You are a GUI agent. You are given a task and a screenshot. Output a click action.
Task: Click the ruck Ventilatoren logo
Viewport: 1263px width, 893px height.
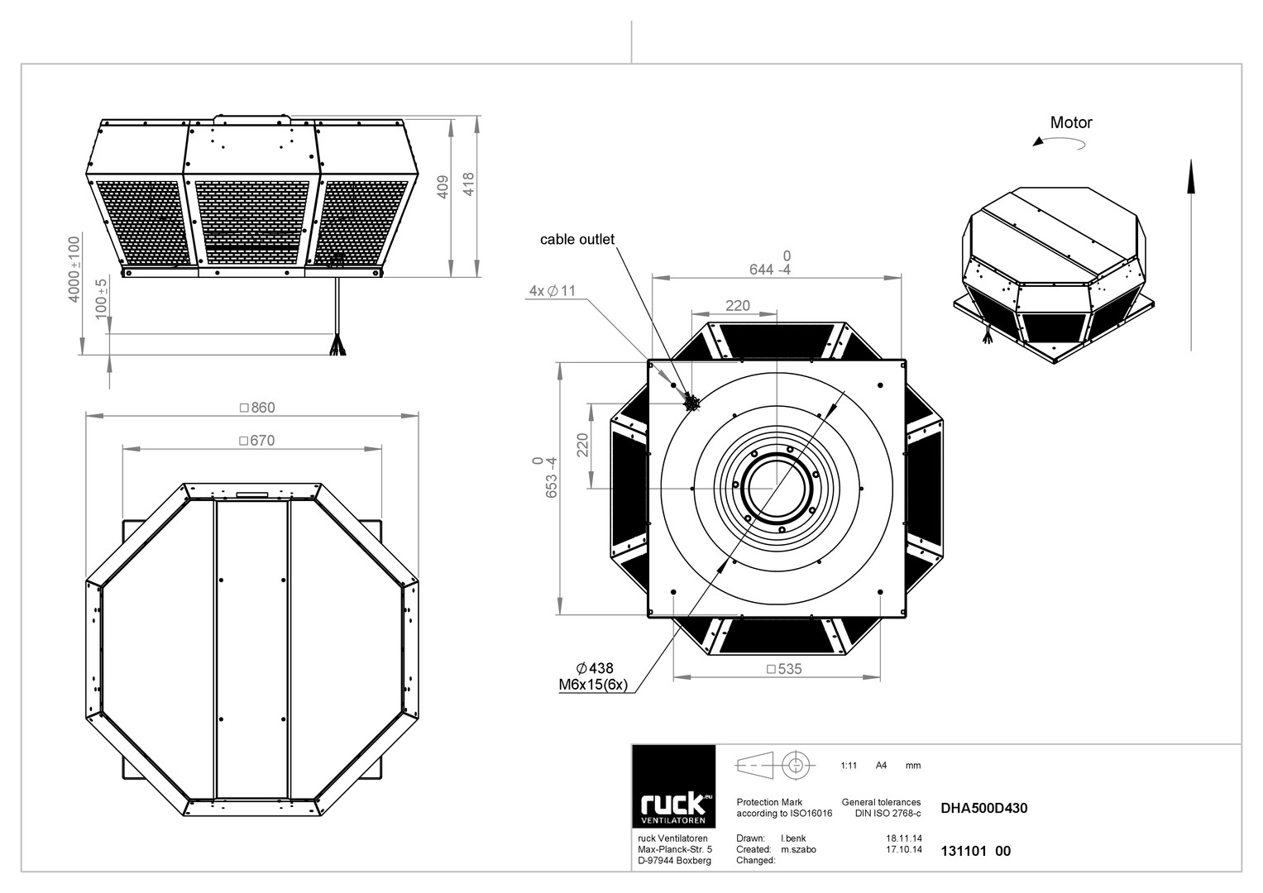[x=674, y=786]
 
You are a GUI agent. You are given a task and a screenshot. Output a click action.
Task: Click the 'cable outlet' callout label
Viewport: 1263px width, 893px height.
[x=576, y=240]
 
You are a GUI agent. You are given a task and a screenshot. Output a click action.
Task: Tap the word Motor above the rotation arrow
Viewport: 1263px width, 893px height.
[x=1071, y=122]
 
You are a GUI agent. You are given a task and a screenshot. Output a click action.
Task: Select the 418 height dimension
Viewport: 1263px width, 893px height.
[x=468, y=184]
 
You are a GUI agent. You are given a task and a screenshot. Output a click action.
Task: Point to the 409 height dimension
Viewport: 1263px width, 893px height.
[x=443, y=187]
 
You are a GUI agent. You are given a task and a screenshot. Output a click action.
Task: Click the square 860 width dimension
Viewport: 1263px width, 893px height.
[x=257, y=407]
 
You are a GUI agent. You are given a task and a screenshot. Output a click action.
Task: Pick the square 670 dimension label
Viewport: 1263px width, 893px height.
[x=257, y=440]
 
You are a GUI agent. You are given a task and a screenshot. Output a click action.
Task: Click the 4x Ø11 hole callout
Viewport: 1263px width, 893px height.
[x=553, y=291]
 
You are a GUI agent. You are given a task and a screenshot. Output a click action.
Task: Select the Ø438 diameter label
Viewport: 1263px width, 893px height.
[x=595, y=669]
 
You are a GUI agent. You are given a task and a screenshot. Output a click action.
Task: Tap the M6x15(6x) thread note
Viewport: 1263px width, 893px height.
[x=593, y=685]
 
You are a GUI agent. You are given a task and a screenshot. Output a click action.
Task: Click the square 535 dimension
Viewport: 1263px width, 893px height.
[x=784, y=669]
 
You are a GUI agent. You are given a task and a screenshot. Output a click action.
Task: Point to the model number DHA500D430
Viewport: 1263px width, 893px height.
[x=984, y=808]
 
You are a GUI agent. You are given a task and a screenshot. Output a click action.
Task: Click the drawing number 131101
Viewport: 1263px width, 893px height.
[x=963, y=851]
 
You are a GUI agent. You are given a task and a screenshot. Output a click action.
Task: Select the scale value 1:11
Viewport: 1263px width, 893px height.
[x=849, y=766]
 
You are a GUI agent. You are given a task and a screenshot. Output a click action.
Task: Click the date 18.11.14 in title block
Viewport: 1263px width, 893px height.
[x=904, y=838]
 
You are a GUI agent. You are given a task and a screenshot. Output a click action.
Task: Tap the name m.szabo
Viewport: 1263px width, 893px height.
[x=798, y=849]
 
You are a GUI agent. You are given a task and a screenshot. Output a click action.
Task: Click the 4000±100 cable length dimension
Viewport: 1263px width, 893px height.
[x=74, y=270]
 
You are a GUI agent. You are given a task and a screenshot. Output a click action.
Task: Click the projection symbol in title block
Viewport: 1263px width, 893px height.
[x=775, y=766]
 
